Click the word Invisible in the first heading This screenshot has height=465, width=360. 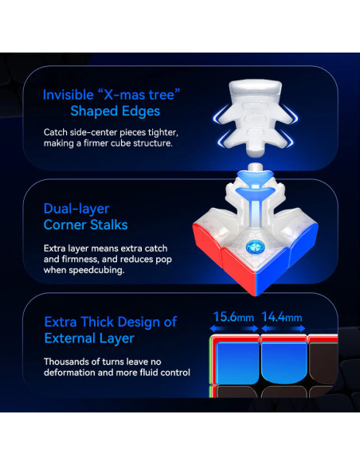(68, 95)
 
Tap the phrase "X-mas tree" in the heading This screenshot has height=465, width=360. (139, 95)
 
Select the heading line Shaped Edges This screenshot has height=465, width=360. (115, 111)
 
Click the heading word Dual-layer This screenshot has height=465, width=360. (76, 209)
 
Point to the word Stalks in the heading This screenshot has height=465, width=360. (109, 225)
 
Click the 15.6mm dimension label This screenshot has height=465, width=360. (233, 317)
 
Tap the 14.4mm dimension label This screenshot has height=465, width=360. (282, 317)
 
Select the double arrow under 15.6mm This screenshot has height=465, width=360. (234, 329)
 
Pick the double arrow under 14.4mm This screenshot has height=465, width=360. (284, 329)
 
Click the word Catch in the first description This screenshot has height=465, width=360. (56, 132)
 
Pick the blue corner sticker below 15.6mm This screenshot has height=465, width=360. (237, 362)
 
